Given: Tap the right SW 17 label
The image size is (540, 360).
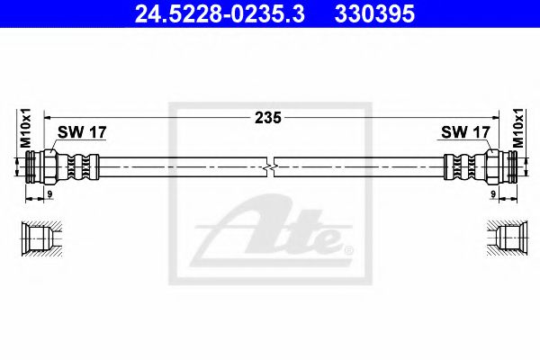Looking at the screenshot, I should [464, 132].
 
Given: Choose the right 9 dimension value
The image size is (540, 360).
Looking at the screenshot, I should [493, 193].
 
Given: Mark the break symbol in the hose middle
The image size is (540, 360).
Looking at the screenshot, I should [271, 168].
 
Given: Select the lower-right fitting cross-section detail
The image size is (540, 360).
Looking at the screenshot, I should [502, 238].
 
